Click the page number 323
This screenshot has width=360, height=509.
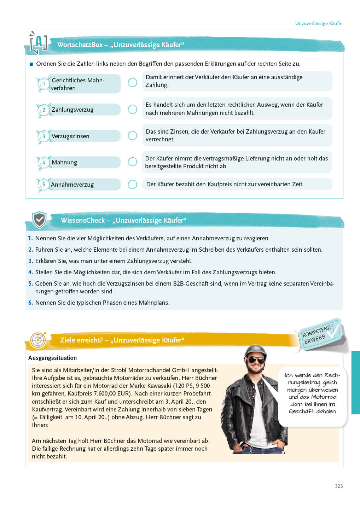pyautogui.click(x=339, y=486)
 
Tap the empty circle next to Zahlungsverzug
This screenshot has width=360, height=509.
pyautogui.click(x=133, y=109)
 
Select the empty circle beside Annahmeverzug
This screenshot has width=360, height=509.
pyautogui.click(x=133, y=185)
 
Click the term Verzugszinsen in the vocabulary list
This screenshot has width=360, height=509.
pyautogui.click(x=70, y=136)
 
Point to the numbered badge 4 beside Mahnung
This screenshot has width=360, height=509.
pyautogui.click(x=43, y=163)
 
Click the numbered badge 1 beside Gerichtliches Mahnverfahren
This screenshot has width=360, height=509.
pyautogui.click(x=43, y=84)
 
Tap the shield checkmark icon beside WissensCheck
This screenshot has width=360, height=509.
pyautogui.click(x=39, y=220)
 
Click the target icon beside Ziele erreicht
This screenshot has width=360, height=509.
pyautogui.click(x=38, y=340)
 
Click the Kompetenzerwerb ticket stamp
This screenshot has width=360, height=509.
pyautogui.click(x=319, y=334)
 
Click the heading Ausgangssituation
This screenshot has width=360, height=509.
pyautogui.click(x=52, y=358)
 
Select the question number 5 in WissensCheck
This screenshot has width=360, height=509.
pyautogui.click(x=30, y=283)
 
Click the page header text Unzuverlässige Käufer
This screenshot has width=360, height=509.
pyautogui.click(x=319, y=23)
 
